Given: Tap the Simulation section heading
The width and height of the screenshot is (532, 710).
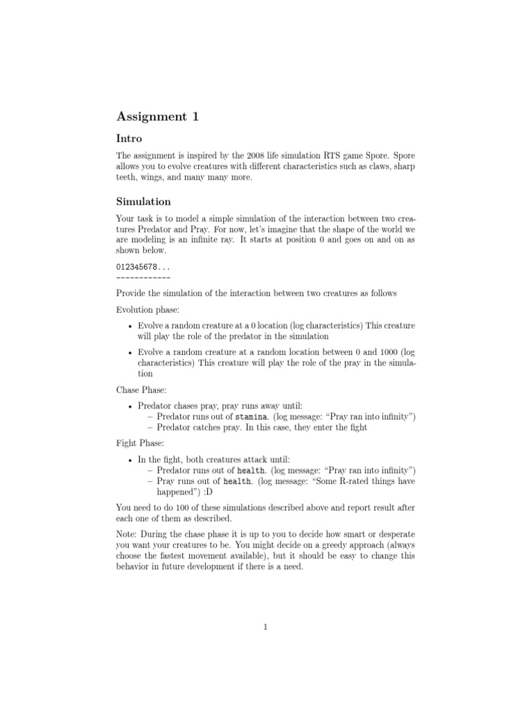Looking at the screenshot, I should (143, 201).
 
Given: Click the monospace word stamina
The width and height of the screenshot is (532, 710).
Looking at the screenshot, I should (249, 416).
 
